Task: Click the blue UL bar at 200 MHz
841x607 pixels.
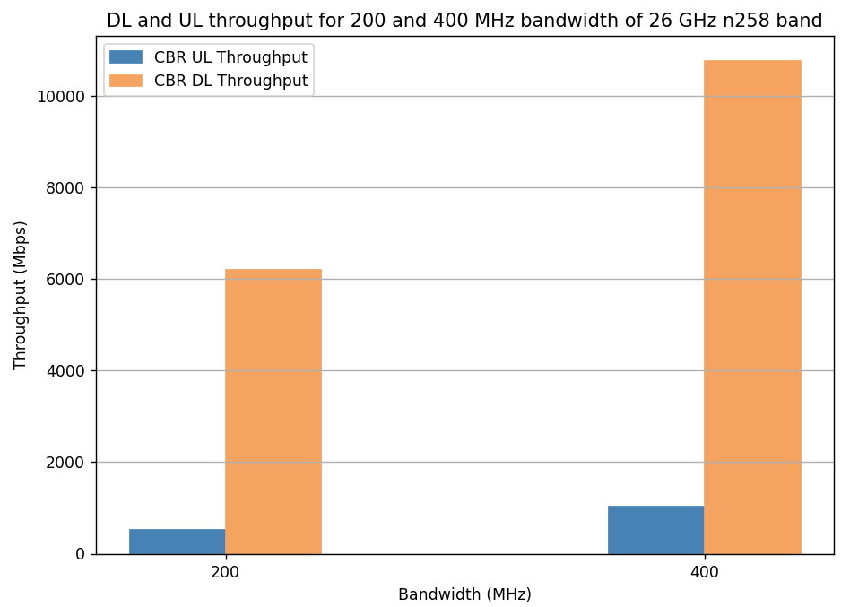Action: tap(177, 542)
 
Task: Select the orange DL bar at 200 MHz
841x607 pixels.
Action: tap(273, 412)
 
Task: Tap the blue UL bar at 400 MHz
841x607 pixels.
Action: tap(655, 530)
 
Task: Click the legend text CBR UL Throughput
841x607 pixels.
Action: tap(230, 57)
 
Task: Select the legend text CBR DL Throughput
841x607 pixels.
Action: tap(230, 81)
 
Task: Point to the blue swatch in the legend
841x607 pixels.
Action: tap(126, 57)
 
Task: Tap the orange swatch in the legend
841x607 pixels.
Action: tap(126, 81)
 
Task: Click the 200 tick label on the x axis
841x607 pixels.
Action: tap(225, 571)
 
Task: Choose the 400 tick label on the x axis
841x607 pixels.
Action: tap(704, 571)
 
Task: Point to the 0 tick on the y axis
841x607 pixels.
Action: tap(81, 554)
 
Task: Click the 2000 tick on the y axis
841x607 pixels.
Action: tap(67, 463)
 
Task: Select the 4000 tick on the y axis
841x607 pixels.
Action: tap(67, 371)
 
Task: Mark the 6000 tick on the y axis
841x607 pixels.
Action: tap(67, 280)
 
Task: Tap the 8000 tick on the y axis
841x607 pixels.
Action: tap(67, 188)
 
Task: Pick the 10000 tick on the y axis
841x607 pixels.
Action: tap(63, 97)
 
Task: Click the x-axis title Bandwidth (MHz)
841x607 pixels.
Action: tap(464, 594)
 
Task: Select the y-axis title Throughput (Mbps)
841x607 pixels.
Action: tap(21, 295)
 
